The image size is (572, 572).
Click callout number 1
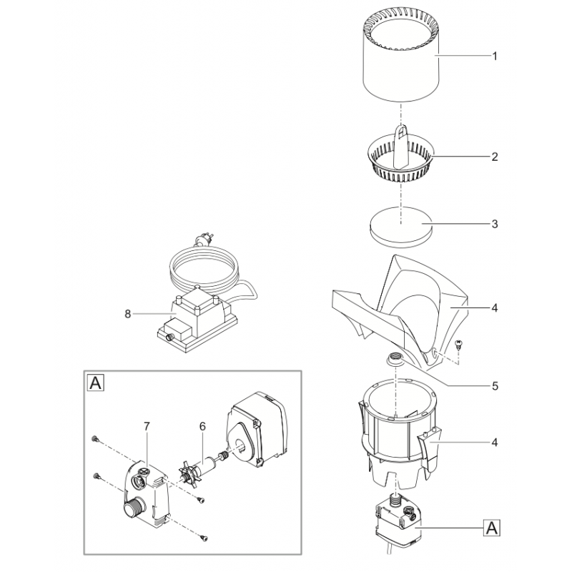coord(493,56)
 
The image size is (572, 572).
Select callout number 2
coord(493,156)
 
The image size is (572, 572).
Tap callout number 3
coord(493,224)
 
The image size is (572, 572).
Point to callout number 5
coord(493,385)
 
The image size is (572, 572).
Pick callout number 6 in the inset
coord(202,426)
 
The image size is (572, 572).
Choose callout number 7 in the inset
coord(146,426)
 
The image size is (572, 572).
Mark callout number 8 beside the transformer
coord(129,313)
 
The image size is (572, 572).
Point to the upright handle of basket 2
coord(402,137)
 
